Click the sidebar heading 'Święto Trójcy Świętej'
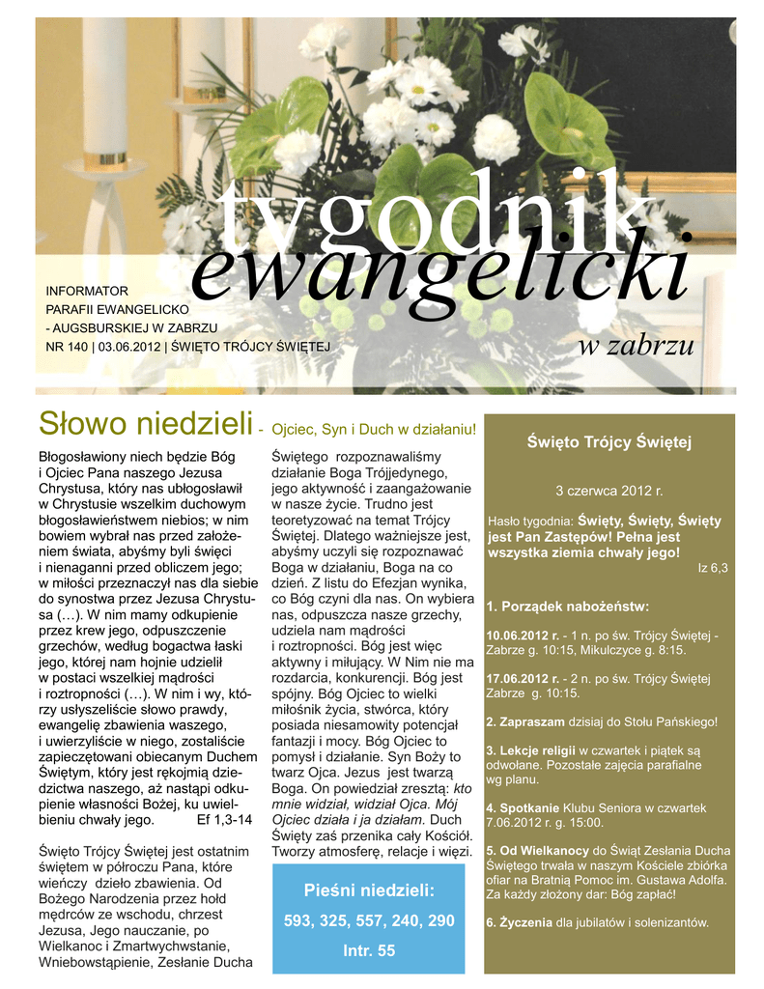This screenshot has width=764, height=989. (x=609, y=442)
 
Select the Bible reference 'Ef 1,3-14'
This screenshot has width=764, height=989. (x=224, y=819)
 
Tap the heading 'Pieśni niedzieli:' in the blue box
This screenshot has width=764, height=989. (x=369, y=890)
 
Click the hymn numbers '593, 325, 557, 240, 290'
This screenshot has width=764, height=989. (x=369, y=921)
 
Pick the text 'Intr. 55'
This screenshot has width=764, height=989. (x=369, y=951)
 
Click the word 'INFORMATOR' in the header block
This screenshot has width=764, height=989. (x=87, y=290)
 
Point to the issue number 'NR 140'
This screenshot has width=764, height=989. (x=65, y=345)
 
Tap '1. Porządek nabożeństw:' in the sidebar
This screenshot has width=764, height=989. (x=569, y=607)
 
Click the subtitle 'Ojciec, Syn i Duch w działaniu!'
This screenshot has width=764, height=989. (x=376, y=428)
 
